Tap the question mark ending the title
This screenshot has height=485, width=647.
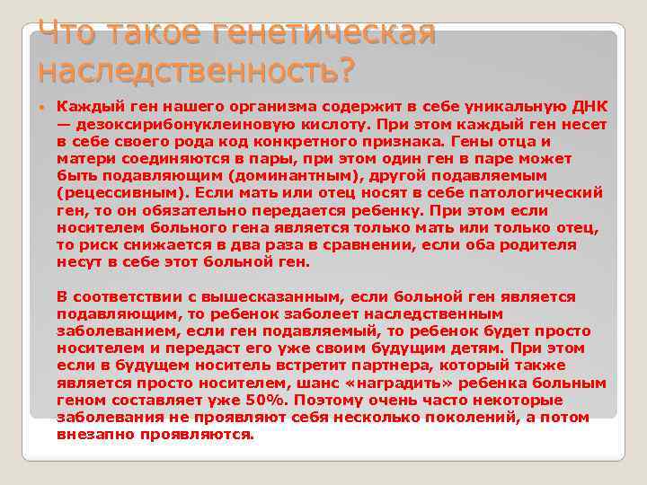pyautogui.click(x=346, y=68)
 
